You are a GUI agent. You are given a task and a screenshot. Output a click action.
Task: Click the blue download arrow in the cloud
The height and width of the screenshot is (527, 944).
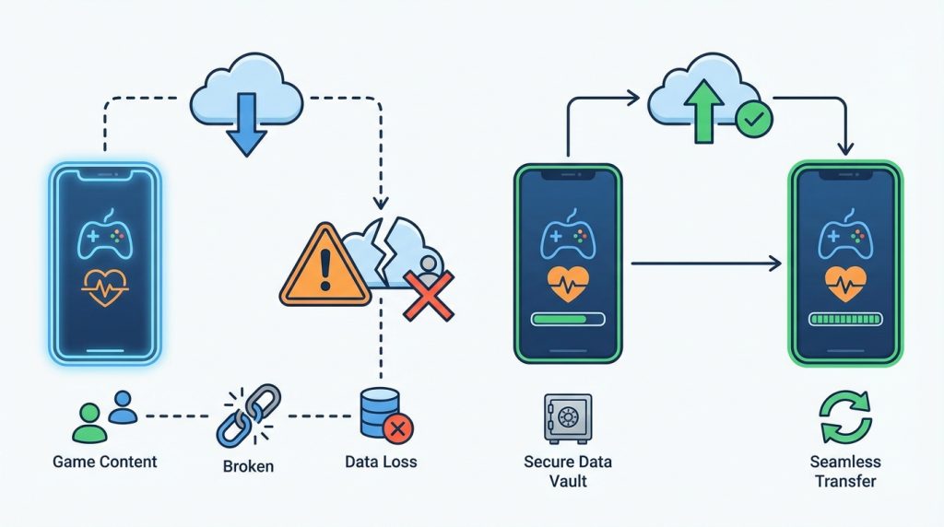click(246, 124)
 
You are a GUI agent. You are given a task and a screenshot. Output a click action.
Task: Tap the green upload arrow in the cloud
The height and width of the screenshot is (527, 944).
click(703, 111)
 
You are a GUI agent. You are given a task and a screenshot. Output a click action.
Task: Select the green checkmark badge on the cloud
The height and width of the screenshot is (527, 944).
click(754, 120)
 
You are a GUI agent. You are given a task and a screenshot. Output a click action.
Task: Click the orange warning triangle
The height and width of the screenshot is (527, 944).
click(325, 265)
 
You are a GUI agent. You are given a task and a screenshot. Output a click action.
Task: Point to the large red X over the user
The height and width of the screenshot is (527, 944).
click(429, 296)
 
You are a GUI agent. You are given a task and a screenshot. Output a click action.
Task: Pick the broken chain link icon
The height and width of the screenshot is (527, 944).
click(248, 416)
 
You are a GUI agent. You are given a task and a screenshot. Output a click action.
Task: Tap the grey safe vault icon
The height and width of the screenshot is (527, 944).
click(567, 418)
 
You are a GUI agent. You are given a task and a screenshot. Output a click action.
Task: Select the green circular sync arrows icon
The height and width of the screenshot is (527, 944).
click(846, 417)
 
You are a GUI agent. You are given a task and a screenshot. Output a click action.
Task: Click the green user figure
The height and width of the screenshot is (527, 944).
click(89, 424)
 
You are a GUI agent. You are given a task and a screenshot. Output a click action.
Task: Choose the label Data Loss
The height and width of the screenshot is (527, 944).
click(381, 462)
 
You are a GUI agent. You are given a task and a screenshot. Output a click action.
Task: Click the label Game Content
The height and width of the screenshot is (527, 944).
click(105, 462)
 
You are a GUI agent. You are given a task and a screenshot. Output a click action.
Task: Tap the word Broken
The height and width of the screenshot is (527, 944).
click(248, 466)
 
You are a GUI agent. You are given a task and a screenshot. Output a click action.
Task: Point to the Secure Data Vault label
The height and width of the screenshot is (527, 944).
click(568, 471)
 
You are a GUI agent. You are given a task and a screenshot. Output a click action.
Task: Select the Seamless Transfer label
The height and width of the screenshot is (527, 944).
click(845, 471)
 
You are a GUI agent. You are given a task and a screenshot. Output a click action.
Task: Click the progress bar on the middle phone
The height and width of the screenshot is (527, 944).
click(568, 319)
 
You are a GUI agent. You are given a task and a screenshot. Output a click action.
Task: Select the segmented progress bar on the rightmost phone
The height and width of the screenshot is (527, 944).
click(845, 319)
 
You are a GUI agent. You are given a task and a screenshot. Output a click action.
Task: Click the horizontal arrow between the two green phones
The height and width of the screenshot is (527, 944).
click(706, 263)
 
